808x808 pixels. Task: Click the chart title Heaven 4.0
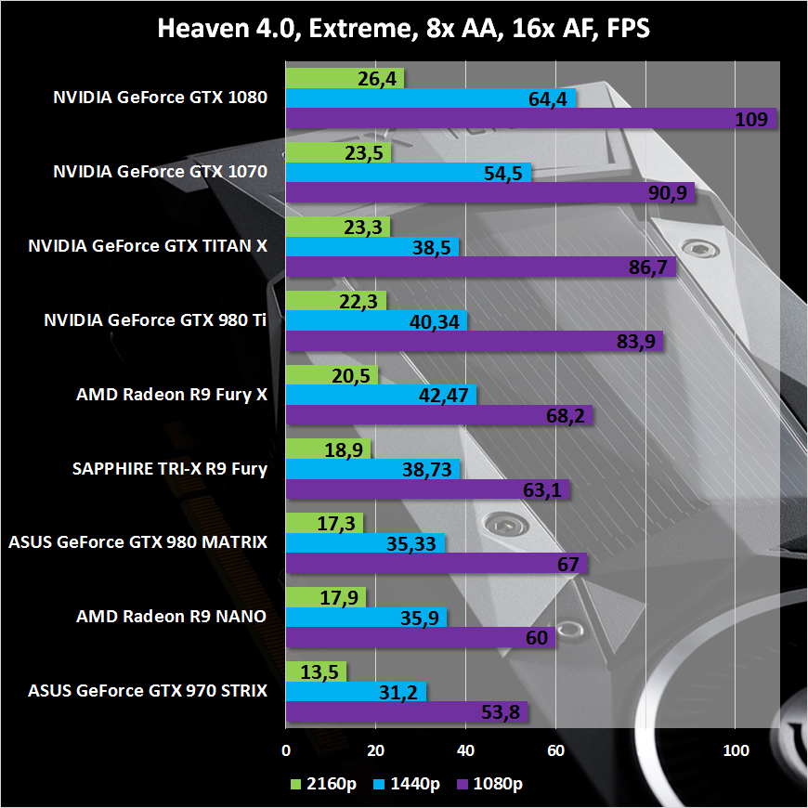(403, 28)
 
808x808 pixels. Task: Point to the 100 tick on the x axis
(736, 749)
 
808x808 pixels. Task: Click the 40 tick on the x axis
(466, 749)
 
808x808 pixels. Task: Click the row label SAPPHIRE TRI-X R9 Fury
(170, 468)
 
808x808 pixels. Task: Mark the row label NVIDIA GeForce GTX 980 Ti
(155, 319)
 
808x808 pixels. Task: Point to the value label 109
(750, 118)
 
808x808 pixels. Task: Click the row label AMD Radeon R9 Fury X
(172, 394)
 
